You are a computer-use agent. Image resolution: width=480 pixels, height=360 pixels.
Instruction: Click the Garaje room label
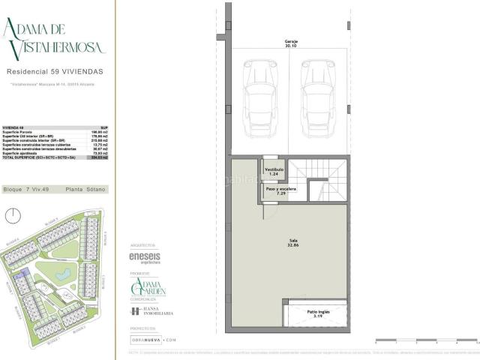(290, 43)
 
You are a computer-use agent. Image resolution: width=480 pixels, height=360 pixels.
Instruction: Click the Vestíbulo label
(274, 172)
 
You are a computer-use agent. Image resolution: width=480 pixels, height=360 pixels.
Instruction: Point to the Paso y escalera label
(281, 190)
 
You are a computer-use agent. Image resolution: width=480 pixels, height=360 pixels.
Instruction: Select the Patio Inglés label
(317, 313)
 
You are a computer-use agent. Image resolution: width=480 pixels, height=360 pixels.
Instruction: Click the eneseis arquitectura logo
(145, 258)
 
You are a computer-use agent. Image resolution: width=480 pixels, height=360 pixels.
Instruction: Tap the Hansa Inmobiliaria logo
(152, 311)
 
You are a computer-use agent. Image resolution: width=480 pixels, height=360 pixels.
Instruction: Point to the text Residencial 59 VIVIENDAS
(55, 72)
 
